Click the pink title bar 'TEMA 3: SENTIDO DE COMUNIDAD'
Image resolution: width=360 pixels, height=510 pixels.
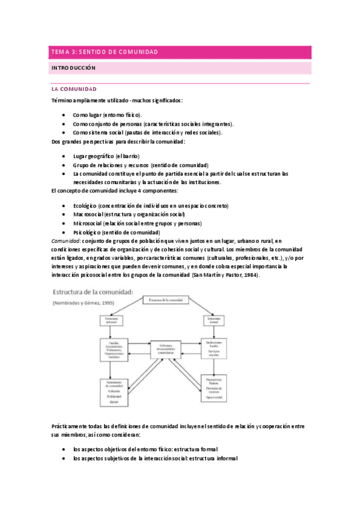coord(180,52)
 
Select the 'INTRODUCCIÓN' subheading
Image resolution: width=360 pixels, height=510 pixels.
coord(75,69)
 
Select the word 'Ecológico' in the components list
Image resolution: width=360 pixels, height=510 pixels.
coord(85,206)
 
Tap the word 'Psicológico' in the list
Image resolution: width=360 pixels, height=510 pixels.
coord(87,232)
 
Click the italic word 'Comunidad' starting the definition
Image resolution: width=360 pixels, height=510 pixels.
coord(67,241)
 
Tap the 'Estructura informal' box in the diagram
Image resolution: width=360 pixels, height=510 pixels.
coord(112,321)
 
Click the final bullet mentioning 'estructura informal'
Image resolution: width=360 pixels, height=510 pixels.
coord(154,458)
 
